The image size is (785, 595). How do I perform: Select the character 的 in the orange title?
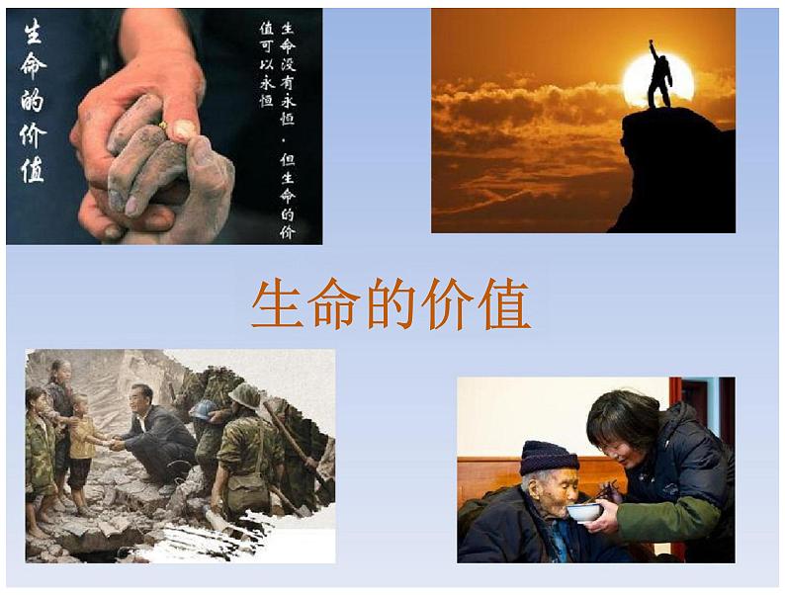coord(392,304)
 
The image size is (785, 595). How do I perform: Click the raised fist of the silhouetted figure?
coord(652,42)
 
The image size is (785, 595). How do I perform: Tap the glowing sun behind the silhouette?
coord(658,80)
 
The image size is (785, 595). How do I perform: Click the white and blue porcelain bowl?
coord(583,511)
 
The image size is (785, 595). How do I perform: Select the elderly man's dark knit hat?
coord(548,458)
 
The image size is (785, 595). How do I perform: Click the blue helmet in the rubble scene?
coord(205,409)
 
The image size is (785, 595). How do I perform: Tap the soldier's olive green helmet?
coord(245,393)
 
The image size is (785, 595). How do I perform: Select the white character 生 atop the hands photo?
coord(33,31)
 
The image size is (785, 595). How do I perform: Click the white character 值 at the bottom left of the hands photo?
coord(33,170)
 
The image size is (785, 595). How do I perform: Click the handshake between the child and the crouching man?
coord(115,443)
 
